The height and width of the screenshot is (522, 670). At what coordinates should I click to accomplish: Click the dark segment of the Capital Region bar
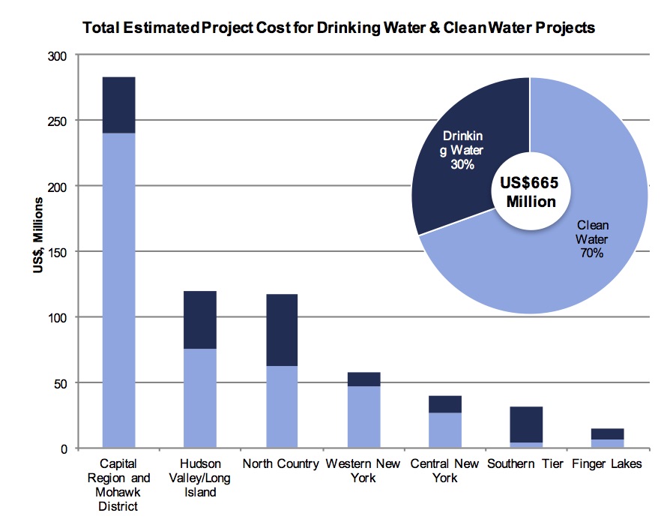pyautogui.click(x=118, y=105)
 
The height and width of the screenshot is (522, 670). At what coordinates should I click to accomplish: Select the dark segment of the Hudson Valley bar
pyautogui.click(x=200, y=319)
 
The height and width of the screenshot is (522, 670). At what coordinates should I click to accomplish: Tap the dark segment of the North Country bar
pyautogui.click(x=281, y=330)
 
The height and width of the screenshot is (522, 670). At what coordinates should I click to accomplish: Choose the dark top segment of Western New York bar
pyautogui.click(x=363, y=379)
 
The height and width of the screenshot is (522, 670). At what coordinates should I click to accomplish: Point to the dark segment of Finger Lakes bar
pyautogui.click(x=607, y=433)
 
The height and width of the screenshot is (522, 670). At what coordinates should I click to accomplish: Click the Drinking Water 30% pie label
pyautogui.click(x=462, y=150)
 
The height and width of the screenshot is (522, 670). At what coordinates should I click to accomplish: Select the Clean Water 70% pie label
pyautogui.click(x=592, y=239)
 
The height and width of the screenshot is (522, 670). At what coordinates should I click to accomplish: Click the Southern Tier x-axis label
pyautogui.click(x=525, y=464)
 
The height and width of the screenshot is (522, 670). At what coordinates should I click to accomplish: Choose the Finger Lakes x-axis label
pyautogui.click(x=607, y=464)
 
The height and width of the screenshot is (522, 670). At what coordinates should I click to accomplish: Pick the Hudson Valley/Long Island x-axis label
pyautogui.click(x=200, y=478)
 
